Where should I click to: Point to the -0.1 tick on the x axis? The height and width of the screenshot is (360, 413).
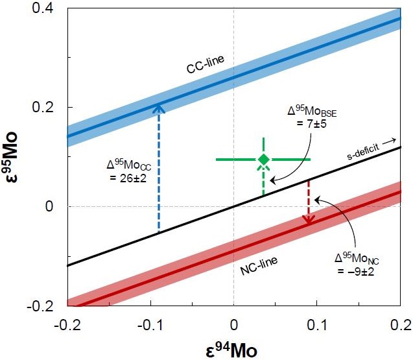pos(150,322)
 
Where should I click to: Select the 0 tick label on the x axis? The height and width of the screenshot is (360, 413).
pos(233,322)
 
